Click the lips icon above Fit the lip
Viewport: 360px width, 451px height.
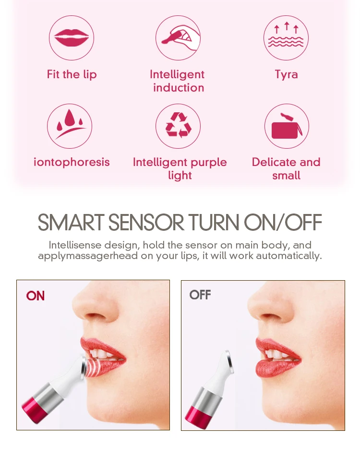point(72,38)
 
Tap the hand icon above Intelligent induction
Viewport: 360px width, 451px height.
point(178,38)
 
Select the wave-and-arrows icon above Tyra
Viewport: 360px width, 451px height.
point(286,38)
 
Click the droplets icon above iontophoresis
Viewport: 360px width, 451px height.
point(70,126)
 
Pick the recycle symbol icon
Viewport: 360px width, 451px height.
point(178,126)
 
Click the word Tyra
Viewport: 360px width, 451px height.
point(286,74)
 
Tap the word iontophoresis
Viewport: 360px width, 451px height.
point(72,162)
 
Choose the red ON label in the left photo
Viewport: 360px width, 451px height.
point(36,296)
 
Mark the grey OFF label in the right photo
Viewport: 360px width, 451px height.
point(200,295)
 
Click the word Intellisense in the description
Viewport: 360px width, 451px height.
point(75,245)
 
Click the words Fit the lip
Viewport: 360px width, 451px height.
point(72,74)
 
